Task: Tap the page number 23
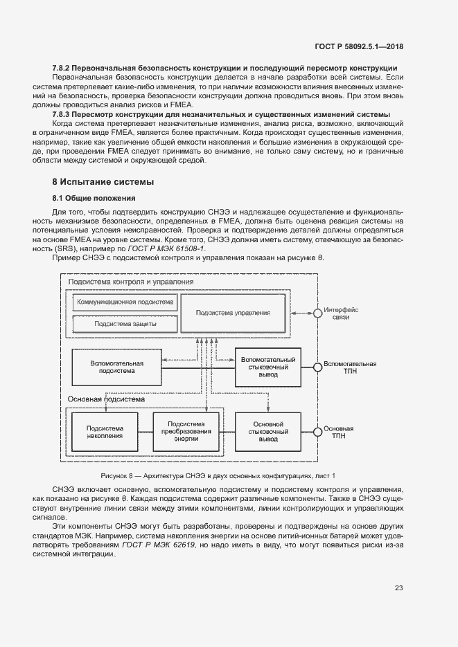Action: point(398,588)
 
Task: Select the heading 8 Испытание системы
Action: point(103,181)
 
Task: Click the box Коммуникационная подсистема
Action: point(125,303)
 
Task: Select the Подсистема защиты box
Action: point(125,323)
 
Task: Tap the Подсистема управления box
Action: point(233,313)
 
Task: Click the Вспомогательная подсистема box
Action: point(117,367)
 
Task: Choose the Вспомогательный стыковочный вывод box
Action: point(268,367)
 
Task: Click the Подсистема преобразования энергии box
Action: point(186,432)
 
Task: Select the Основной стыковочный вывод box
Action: point(268,432)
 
